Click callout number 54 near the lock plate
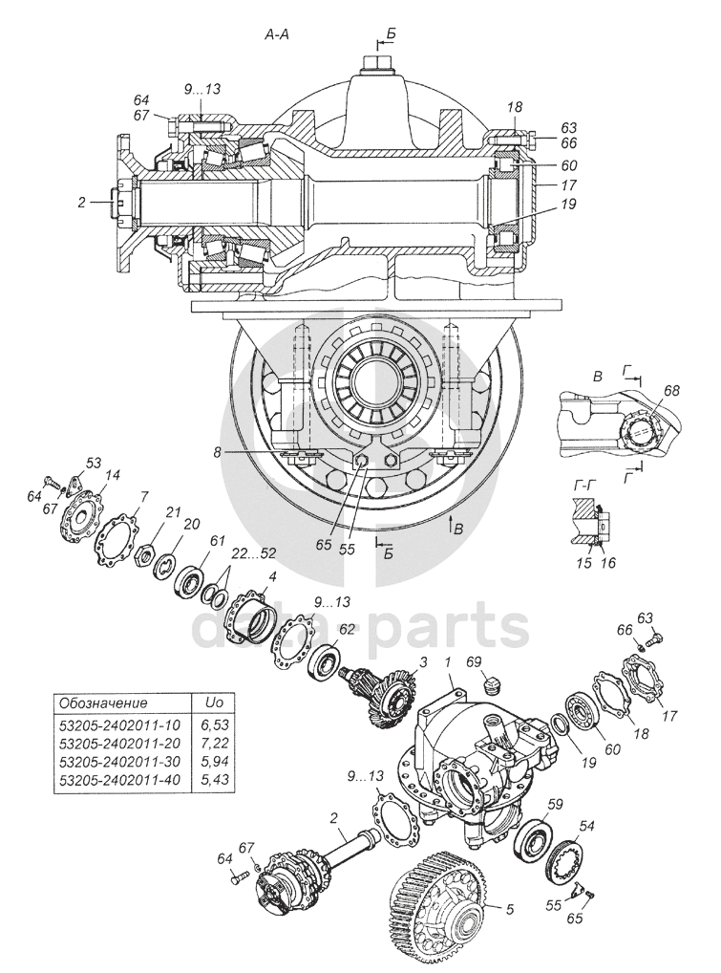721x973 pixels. click(586, 825)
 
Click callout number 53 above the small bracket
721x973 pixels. click(94, 463)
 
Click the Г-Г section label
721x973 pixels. click(580, 486)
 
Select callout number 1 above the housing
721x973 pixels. click(447, 662)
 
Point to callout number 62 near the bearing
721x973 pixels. click(345, 630)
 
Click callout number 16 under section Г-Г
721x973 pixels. click(608, 562)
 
